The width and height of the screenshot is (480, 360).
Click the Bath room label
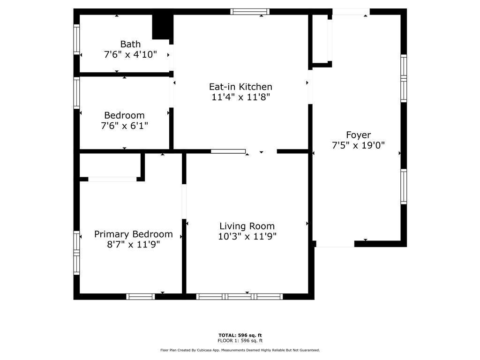[130, 44]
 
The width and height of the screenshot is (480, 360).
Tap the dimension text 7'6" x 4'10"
[130, 54]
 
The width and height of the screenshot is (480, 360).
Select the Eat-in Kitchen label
[240, 87]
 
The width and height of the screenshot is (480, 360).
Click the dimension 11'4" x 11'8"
[240, 97]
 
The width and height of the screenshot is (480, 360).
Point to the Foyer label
[358, 135]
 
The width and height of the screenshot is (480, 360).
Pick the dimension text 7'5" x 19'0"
[358, 145]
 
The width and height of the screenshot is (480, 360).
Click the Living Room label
[247, 226]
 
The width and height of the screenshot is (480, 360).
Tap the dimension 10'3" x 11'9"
[247, 236]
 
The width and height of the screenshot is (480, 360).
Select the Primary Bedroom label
[134, 234]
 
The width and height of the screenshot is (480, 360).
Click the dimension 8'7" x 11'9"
[134, 244]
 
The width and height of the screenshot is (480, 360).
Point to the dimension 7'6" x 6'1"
[124, 126]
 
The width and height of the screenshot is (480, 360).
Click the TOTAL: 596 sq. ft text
[240, 335]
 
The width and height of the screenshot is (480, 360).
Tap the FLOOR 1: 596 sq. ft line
[240, 341]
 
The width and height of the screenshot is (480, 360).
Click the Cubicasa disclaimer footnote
[240, 350]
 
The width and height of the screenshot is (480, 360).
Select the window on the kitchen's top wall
[250, 12]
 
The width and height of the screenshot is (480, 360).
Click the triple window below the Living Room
[240, 296]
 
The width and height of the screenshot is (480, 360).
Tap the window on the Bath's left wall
[76, 39]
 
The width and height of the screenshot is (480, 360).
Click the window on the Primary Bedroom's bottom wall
[141, 296]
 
